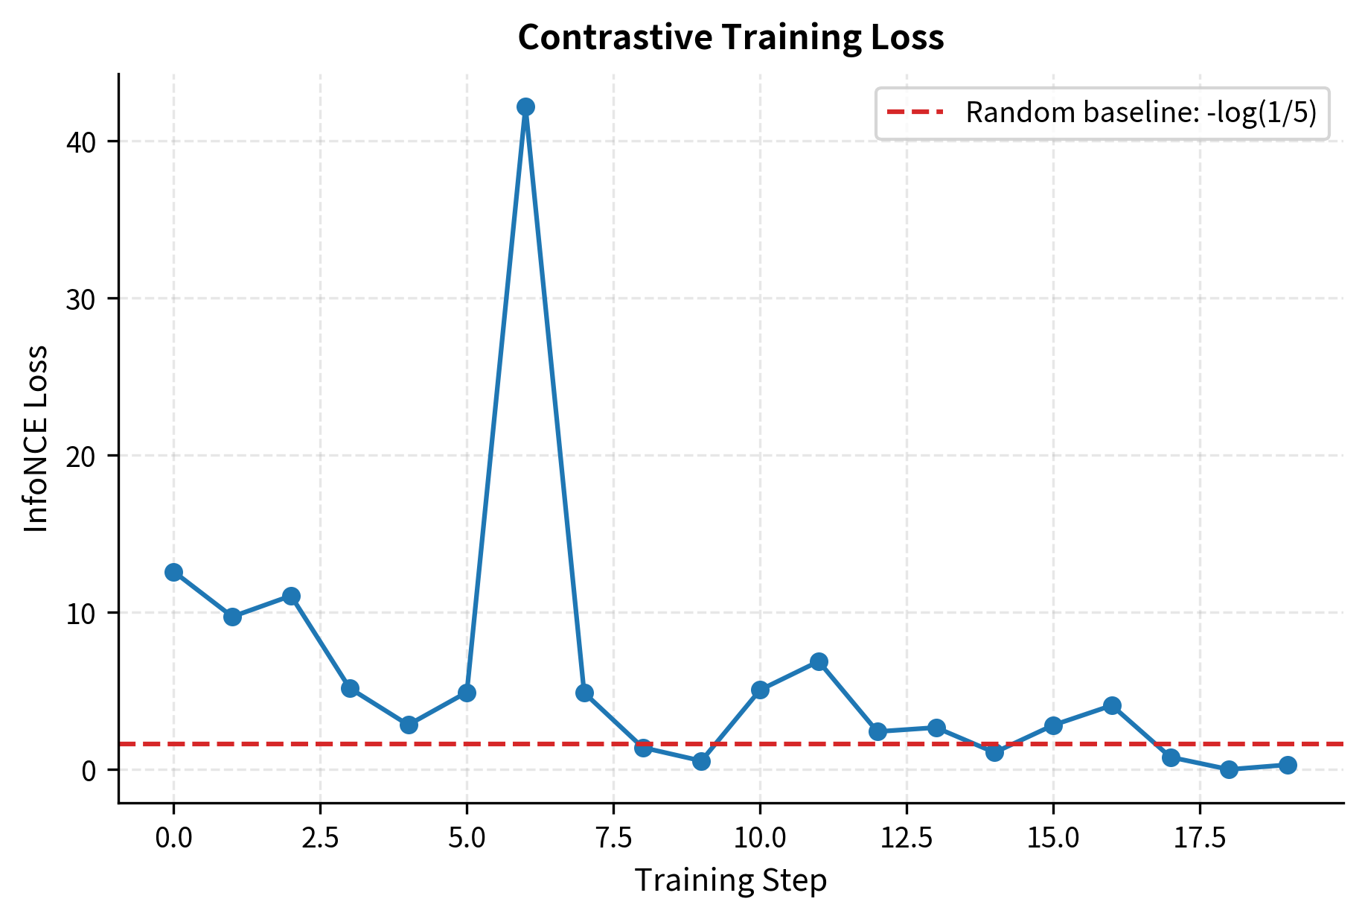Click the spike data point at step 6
click(525, 107)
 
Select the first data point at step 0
click(173, 572)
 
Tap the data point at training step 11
click(819, 661)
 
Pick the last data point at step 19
click(1288, 765)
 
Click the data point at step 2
click(291, 596)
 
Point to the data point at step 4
click(409, 725)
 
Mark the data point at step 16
click(1112, 705)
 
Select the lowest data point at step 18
click(1229, 769)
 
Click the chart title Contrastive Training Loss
click(731, 37)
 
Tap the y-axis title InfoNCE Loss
click(36, 439)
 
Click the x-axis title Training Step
click(731, 881)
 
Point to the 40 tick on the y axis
click(81, 141)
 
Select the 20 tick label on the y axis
click(81, 456)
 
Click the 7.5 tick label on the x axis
click(613, 839)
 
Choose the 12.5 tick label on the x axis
click(907, 839)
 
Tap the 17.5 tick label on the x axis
click(1200, 839)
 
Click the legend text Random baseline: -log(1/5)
click(1141, 112)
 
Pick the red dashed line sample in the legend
click(915, 112)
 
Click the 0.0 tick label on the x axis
click(173, 839)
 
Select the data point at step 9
click(701, 761)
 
